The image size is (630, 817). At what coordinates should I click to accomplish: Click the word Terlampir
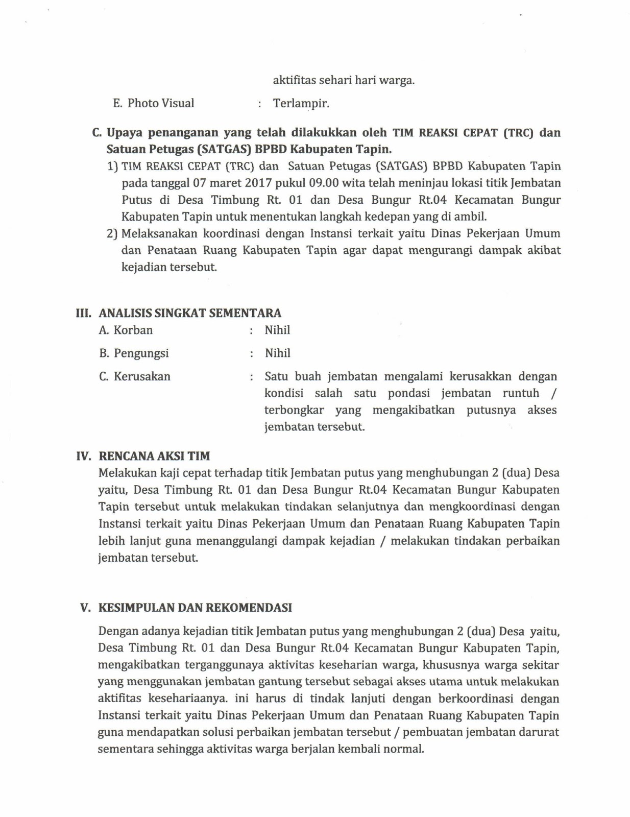pos(301,104)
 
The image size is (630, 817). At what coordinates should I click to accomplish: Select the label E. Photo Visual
pos(154,103)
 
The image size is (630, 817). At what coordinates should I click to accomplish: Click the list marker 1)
pos(112,166)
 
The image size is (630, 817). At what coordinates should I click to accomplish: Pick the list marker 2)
pos(112,234)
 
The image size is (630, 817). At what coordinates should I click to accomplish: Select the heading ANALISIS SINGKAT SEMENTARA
pos(190,313)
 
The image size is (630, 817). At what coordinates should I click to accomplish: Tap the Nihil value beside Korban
pos(277,330)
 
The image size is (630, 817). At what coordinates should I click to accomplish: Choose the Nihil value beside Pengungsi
pos(277,353)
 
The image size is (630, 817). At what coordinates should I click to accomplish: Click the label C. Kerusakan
pos(135,377)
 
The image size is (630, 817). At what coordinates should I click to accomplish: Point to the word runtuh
pos(521,394)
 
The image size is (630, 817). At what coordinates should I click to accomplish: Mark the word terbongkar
pos(294,411)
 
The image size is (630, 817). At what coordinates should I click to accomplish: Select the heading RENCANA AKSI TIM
pos(154,456)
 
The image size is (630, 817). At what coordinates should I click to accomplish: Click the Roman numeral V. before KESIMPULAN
pos(85,608)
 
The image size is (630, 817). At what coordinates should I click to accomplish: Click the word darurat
pos(539,732)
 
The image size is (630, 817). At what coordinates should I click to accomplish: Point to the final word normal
pos(406,750)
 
